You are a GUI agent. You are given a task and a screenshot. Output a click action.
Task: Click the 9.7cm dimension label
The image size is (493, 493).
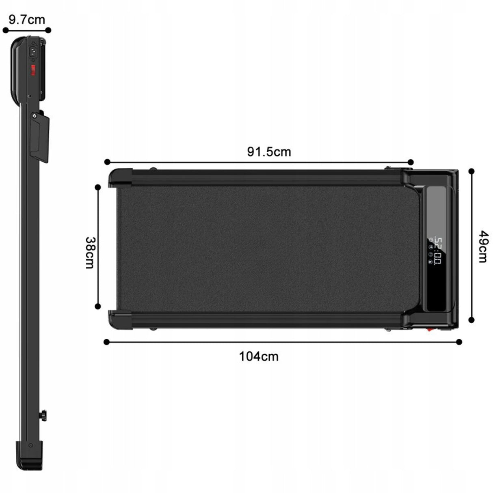(27, 20)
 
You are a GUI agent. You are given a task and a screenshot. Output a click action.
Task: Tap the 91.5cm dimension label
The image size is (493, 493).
(269, 152)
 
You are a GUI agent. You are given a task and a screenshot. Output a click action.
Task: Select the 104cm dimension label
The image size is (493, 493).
(259, 357)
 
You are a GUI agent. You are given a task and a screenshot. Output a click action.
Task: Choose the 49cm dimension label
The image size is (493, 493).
(483, 246)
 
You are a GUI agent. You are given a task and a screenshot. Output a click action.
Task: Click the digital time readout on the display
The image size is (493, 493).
(438, 251)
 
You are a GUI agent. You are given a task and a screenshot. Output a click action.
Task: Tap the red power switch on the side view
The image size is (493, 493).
(33, 70)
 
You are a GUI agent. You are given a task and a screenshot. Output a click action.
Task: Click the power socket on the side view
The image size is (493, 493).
(33, 52)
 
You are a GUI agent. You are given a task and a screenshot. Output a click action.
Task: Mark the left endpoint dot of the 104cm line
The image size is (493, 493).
(107, 342)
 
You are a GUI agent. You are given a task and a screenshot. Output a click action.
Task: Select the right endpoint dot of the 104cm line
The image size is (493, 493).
(459, 342)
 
